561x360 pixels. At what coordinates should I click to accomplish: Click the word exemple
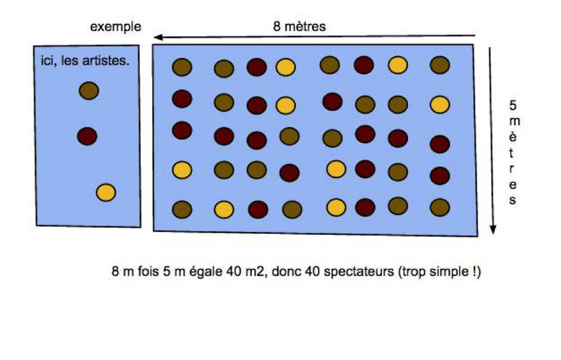click(x=116, y=27)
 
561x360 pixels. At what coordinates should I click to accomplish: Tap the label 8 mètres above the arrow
click(x=300, y=26)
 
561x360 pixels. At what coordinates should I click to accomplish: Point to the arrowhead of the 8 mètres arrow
click(x=158, y=38)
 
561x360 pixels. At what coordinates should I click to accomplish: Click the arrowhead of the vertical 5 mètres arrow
click(x=493, y=229)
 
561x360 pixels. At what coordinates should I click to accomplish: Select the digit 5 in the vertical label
click(x=513, y=105)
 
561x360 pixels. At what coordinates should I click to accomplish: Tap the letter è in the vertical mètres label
click(x=513, y=136)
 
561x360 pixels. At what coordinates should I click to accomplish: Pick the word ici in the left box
click(x=48, y=61)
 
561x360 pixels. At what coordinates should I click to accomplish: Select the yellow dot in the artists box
click(x=106, y=193)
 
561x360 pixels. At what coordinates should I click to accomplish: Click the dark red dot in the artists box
click(x=87, y=136)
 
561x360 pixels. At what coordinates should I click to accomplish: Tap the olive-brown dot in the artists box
click(x=89, y=91)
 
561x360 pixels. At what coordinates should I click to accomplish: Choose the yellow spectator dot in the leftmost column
click(x=182, y=170)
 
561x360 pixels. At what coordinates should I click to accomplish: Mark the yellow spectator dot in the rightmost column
click(x=440, y=105)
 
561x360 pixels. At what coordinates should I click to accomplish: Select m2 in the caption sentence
click(x=255, y=271)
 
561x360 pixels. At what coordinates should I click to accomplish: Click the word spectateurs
click(x=359, y=272)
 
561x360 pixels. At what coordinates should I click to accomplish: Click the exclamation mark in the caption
click(x=475, y=271)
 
